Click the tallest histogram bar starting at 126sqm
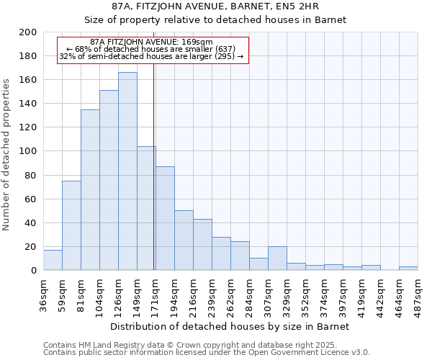[x=127, y=171]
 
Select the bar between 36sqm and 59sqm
[x=53, y=260]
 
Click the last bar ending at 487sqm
[x=408, y=269]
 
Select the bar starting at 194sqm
[x=184, y=240]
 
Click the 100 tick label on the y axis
[x=28, y=151]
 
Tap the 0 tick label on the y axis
[x=34, y=271]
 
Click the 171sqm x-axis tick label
[x=156, y=294]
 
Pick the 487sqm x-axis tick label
[x=418, y=294]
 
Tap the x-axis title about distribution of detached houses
[x=230, y=326]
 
